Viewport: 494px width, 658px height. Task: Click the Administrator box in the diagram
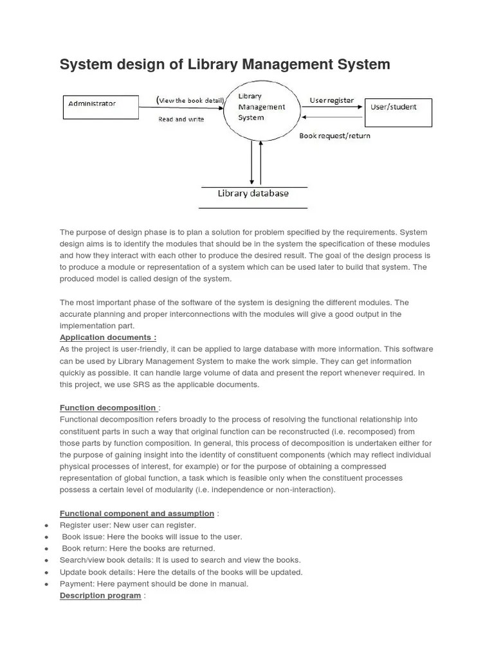click(100, 107)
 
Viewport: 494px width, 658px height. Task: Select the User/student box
click(398, 111)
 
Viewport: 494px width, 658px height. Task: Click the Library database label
click(253, 193)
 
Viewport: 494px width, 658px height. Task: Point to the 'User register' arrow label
click(331, 100)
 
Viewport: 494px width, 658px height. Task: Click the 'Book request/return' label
click(334, 136)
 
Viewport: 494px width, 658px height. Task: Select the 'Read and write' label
click(181, 119)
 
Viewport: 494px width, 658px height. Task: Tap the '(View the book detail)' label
click(190, 100)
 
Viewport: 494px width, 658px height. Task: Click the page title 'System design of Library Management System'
click(224, 64)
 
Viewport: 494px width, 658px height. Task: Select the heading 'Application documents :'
click(107, 337)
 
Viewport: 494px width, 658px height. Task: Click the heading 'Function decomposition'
click(108, 407)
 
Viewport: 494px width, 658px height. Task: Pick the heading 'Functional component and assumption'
click(136, 513)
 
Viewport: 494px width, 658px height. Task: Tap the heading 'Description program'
click(100, 596)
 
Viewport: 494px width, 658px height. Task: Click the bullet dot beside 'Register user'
click(46, 526)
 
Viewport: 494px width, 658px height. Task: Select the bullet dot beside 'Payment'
click(46, 584)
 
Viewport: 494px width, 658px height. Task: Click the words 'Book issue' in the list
click(81, 537)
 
